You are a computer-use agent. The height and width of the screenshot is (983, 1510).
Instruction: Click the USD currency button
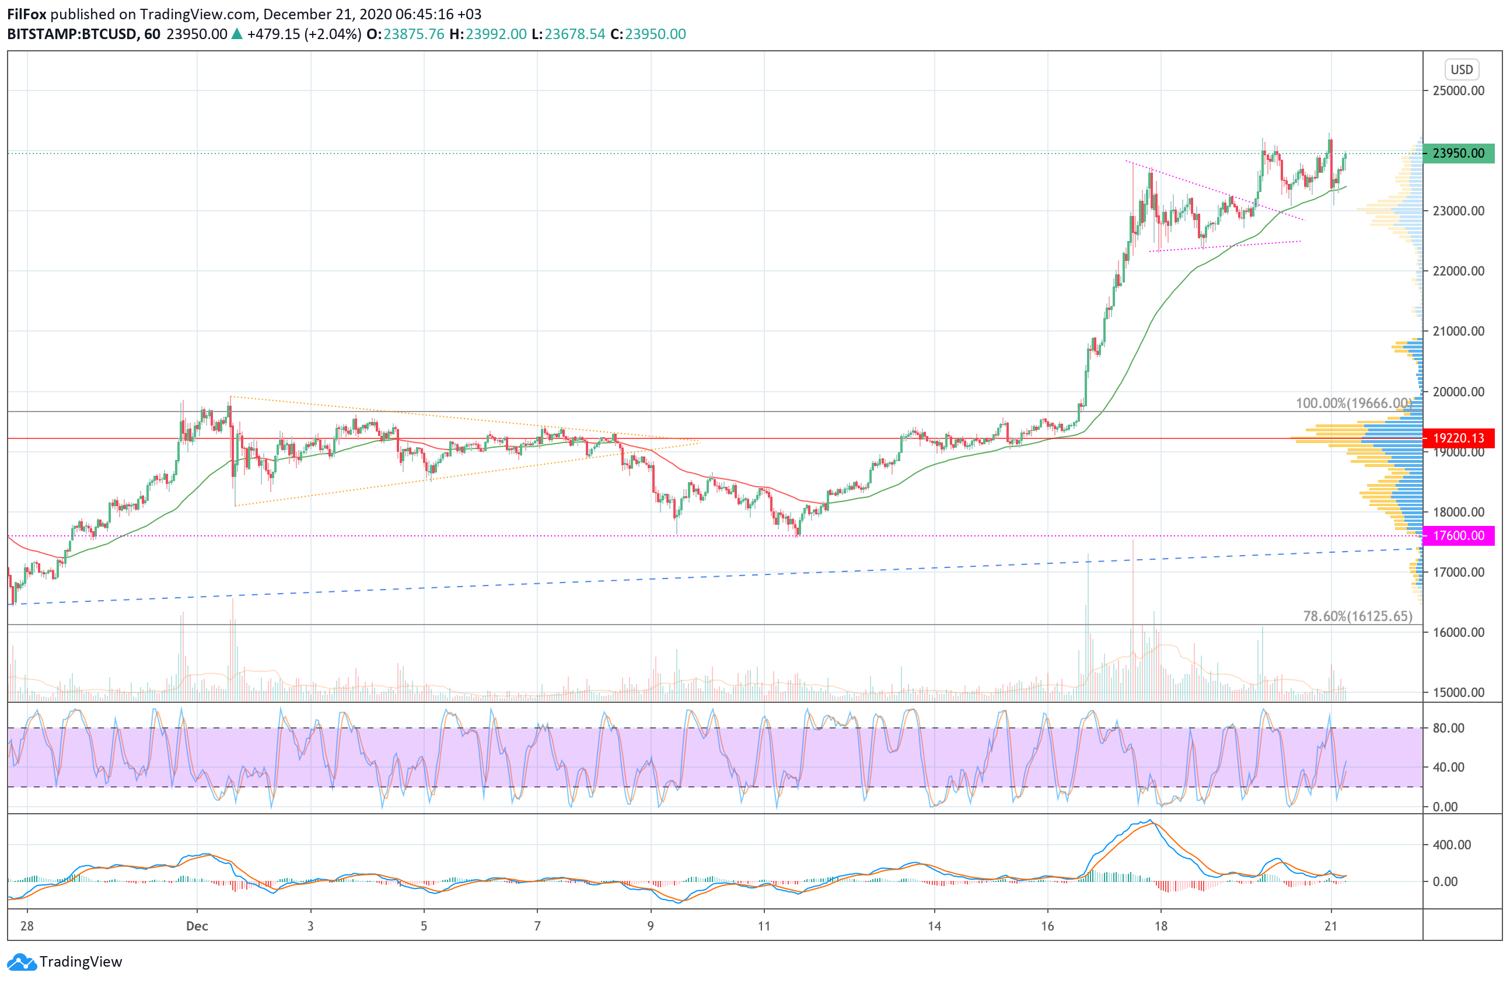point(1461,69)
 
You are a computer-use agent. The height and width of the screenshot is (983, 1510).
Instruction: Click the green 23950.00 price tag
point(1458,153)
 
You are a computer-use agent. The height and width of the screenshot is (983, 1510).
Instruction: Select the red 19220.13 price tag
point(1458,438)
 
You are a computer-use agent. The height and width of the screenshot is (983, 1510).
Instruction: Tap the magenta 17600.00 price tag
point(1458,536)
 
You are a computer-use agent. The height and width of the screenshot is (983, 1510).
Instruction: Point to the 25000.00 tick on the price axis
point(1458,90)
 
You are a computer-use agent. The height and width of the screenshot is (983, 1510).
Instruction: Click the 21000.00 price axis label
point(1458,331)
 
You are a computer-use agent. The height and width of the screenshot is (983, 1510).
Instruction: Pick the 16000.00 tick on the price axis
point(1458,632)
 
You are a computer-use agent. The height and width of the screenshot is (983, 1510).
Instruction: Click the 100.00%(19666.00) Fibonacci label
point(1353,403)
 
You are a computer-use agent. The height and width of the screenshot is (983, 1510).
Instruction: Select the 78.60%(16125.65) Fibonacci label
point(1357,616)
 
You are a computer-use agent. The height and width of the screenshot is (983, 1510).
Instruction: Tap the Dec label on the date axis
point(197,926)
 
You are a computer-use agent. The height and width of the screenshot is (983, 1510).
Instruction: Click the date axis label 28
point(27,926)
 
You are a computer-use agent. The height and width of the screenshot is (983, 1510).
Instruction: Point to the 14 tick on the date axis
point(934,926)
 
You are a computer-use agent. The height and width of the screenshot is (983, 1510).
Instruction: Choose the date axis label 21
point(1330,926)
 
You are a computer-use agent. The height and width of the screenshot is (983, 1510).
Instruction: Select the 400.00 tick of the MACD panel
point(1451,845)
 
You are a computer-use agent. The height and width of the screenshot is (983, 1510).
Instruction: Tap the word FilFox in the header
point(27,14)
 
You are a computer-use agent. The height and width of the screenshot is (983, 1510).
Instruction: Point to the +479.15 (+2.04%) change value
point(304,34)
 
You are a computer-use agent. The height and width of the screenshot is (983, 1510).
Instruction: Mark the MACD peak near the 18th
point(1149,821)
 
